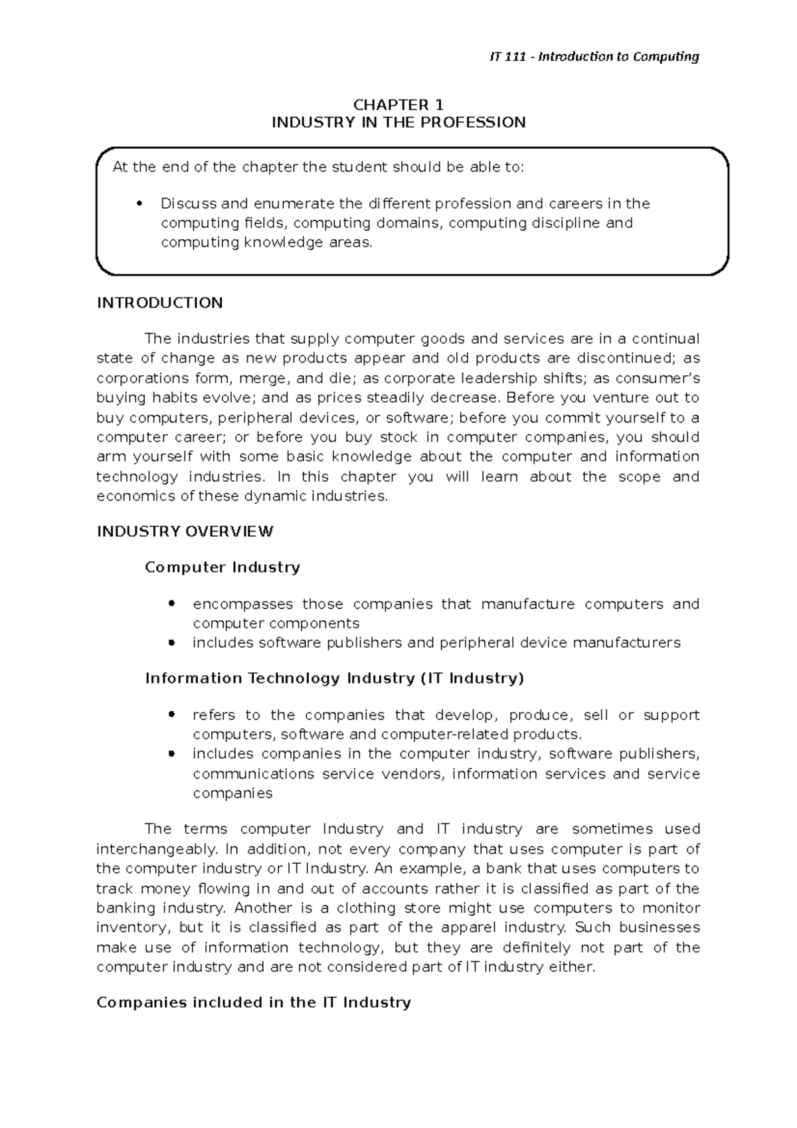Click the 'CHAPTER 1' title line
click(398, 105)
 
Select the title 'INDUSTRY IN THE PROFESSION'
click(398, 122)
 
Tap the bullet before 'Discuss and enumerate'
click(139, 204)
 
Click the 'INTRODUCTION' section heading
click(159, 303)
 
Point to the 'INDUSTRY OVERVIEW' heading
click(185, 531)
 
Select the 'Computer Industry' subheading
click(222, 567)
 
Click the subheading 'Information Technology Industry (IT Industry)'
click(335, 678)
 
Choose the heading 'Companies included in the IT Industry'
click(254, 1002)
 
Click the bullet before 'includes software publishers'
click(171, 643)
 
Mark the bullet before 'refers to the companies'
click(171, 715)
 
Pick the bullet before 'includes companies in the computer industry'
click(171, 754)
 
